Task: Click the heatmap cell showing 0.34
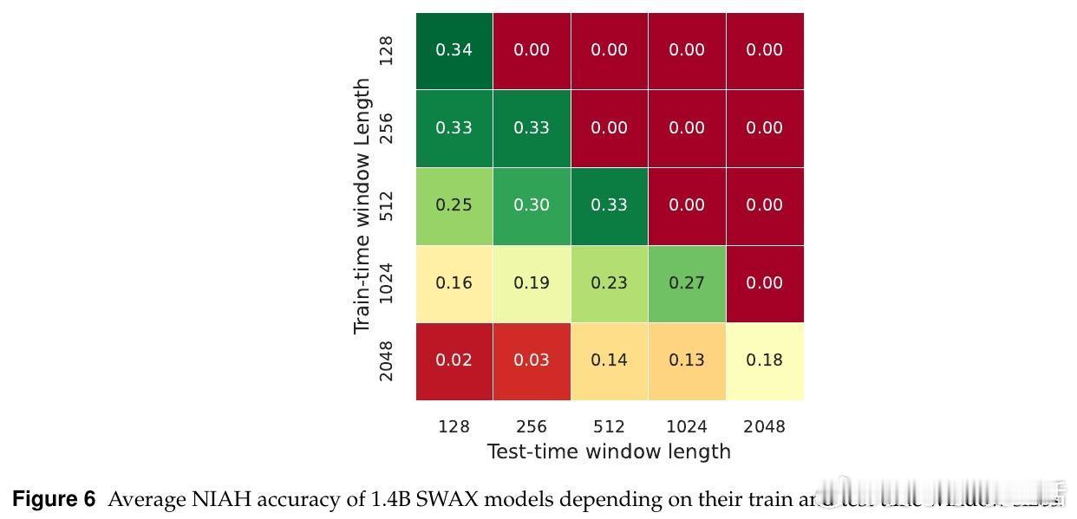click(454, 50)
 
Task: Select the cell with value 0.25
click(454, 205)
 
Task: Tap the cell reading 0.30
click(532, 205)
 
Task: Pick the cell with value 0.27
click(687, 283)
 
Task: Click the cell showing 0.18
click(764, 360)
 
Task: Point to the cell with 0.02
click(454, 360)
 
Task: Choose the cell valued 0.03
click(532, 360)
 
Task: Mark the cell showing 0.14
click(609, 360)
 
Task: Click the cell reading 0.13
click(687, 360)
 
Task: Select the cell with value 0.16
click(454, 283)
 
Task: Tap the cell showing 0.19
click(532, 283)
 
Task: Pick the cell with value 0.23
click(609, 283)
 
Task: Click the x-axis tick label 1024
click(687, 426)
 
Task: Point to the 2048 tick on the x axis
click(764, 426)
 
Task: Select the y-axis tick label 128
click(387, 50)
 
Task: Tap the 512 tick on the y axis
click(387, 205)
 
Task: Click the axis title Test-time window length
click(609, 451)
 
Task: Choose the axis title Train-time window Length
click(362, 206)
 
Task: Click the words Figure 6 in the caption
click(54, 500)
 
